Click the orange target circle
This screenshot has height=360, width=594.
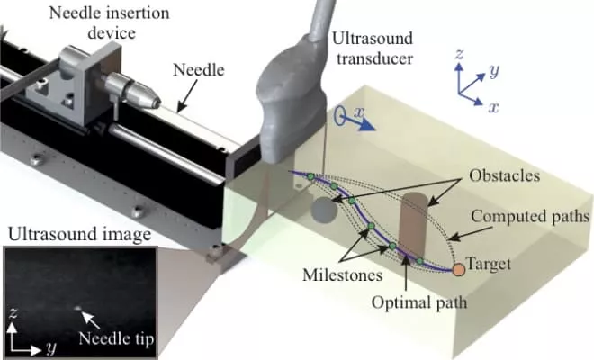pyautogui.click(x=458, y=267)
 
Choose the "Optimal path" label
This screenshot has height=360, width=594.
pyautogui.click(x=420, y=302)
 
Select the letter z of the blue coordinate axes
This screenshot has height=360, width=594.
pyautogui.click(x=460, y=55)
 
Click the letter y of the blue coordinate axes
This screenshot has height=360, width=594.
pyautogui.click(x=494, y=69)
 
